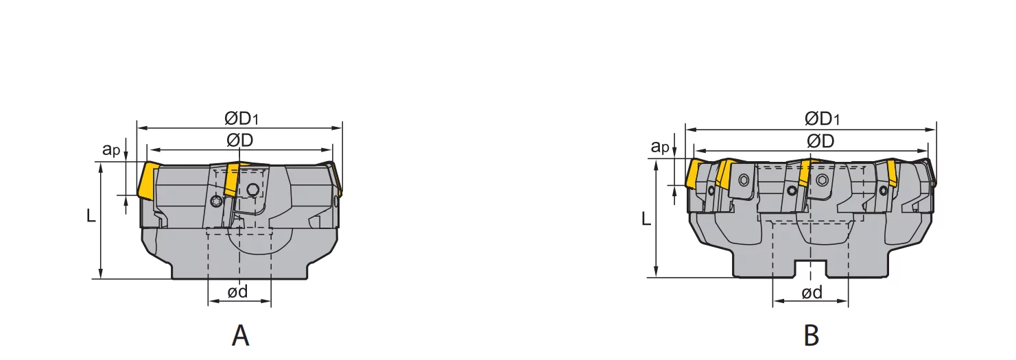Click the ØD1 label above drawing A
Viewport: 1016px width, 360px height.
tap(241, 119)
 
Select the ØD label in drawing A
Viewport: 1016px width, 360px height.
tap(240, 141)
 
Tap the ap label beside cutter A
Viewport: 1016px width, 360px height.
tap(111, 149)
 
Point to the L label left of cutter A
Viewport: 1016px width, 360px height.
tap(91, 216)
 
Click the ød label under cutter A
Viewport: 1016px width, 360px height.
tap(237, 291)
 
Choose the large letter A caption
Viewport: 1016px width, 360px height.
tap(240, 336)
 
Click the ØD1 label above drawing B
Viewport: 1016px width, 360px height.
tap(822, 119)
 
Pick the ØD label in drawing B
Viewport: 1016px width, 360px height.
tap(820, 141)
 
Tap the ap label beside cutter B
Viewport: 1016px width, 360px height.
tap(660, 147)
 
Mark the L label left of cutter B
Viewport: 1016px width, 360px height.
tap(646, 219)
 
